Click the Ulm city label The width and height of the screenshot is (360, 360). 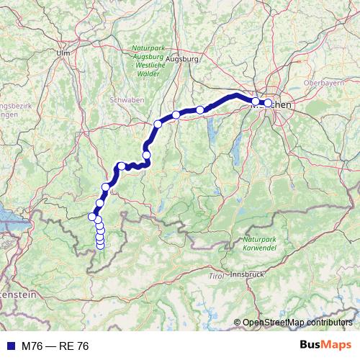(x=63, y=53)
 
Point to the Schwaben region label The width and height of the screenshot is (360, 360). (x=126, y=99)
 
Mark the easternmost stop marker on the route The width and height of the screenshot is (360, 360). (x=268, y=103)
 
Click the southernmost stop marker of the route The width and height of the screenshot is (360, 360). (x=100, y=246)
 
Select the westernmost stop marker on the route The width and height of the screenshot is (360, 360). (x=92, y=216)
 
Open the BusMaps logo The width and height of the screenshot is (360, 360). (x=326, y=346)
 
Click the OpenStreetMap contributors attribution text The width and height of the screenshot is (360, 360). (x=297, y=322)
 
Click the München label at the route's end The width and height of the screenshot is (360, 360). (x=274, y=104)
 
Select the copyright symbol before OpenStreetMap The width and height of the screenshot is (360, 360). (x=237, y=322)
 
